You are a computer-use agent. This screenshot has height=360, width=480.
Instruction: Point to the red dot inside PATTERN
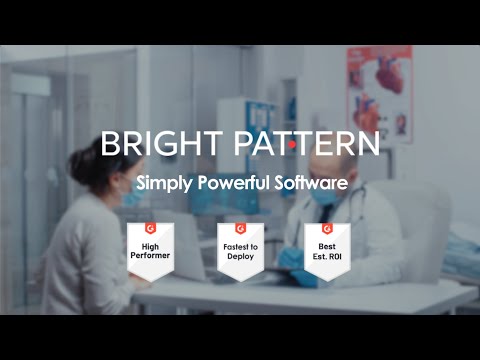pos(291,145)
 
